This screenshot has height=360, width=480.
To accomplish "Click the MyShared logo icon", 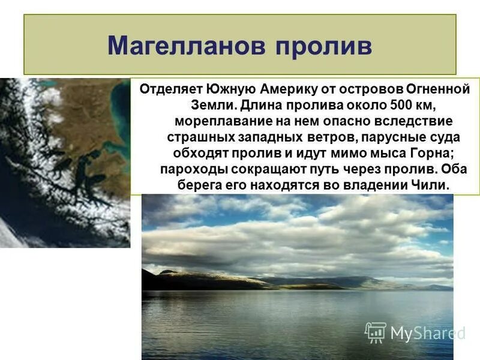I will click(376, 332).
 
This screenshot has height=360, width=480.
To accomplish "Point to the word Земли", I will click(200, 106).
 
